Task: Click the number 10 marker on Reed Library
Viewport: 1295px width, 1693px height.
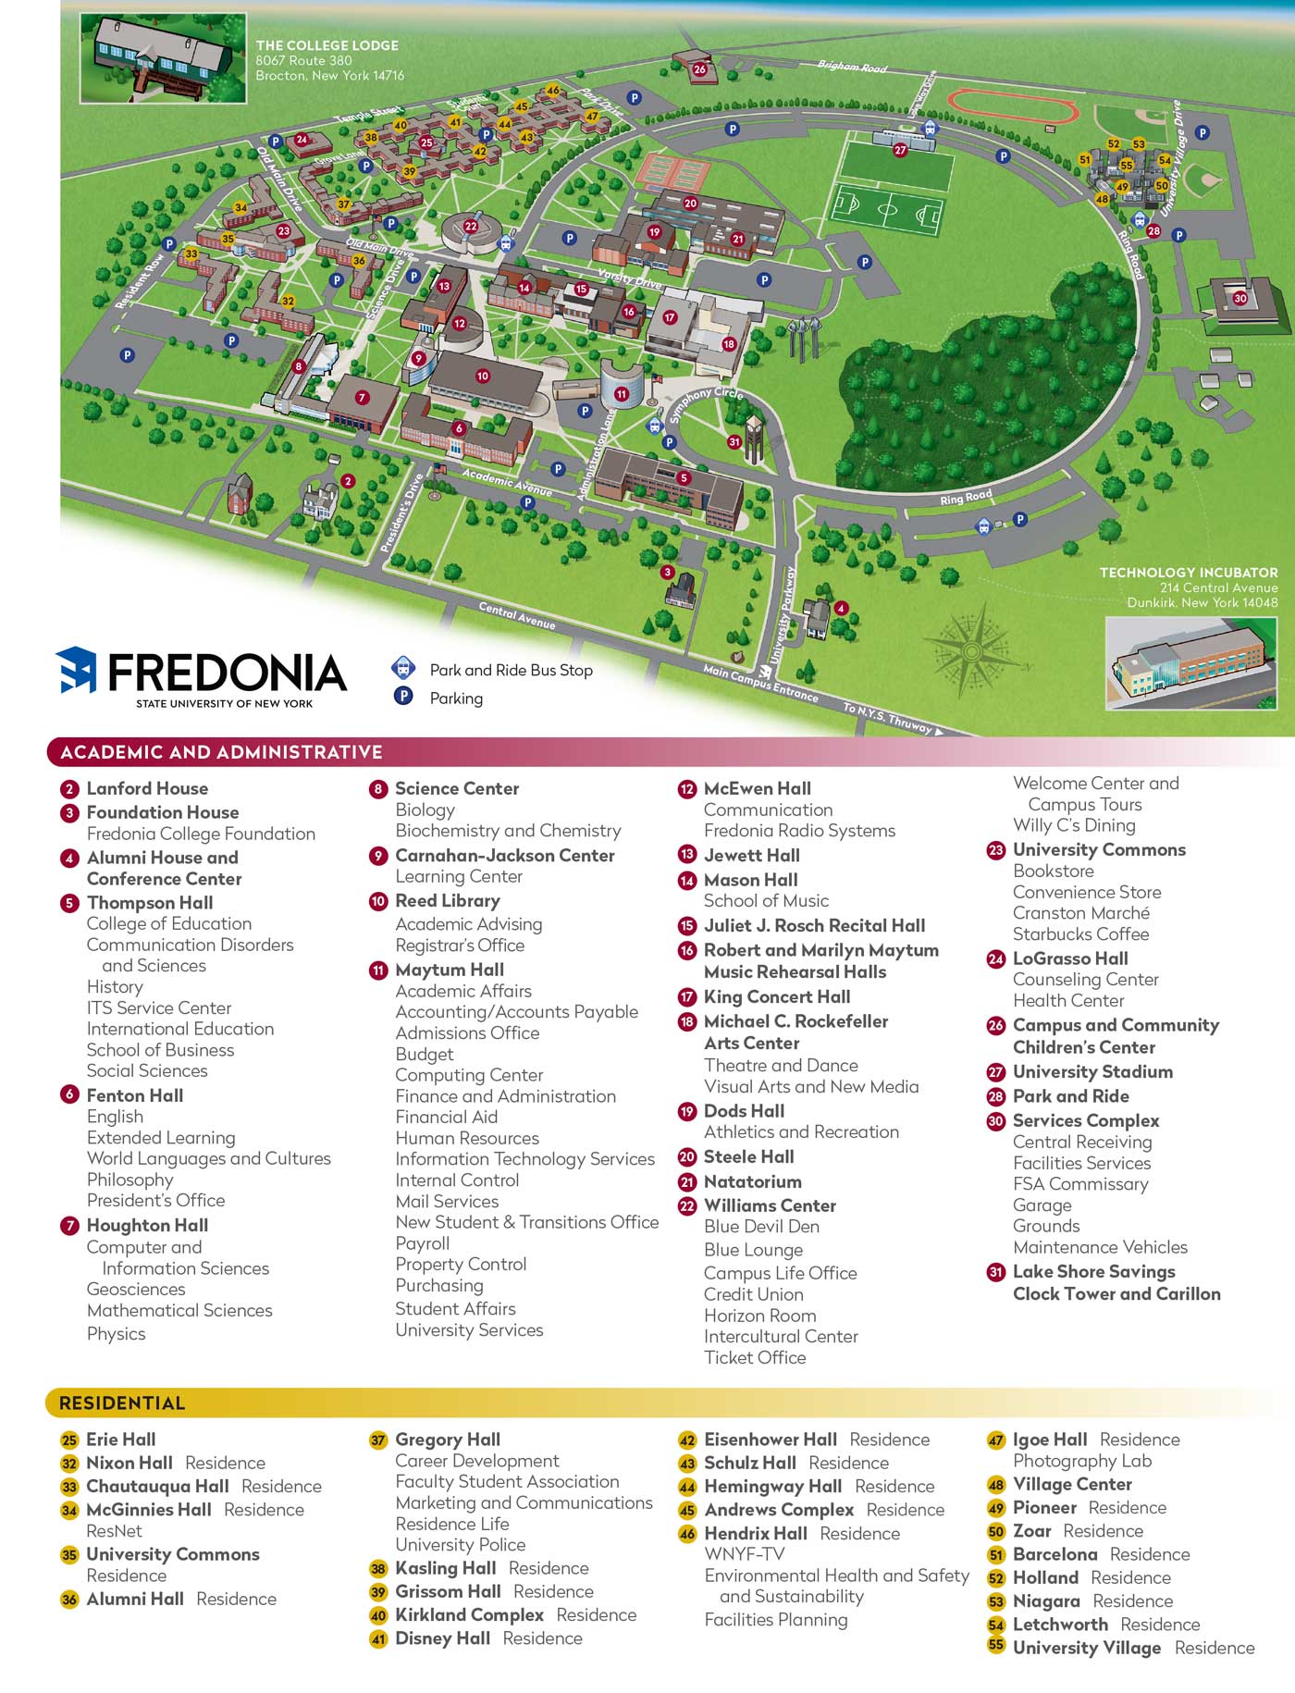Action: pos(482,377)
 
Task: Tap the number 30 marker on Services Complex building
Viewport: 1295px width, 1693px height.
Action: pos(1239,298)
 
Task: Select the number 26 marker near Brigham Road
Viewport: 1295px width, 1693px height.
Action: pos(699,69)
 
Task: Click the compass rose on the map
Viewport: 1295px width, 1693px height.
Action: pos(971,651)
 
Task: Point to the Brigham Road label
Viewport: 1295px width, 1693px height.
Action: pos(852,68)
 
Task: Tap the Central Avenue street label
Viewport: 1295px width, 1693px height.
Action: pos(517,615)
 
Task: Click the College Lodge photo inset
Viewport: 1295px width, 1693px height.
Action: pos(163,57)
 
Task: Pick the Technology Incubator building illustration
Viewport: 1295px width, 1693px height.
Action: pos(1190,663)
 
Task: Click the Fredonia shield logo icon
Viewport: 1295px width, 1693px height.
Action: pos(77,670)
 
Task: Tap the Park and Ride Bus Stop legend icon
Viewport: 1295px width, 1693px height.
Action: pos(403,668)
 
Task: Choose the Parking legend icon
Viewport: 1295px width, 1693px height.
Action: pos(403,696)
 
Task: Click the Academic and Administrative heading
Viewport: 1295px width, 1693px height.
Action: pos(221,752)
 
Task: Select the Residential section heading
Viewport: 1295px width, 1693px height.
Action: pos(122,1403)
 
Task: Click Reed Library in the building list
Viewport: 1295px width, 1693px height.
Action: pos(447,900)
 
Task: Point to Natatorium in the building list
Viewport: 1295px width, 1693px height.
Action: pos(752,1181)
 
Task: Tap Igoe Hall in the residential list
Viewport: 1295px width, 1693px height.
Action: pos(1050,1440)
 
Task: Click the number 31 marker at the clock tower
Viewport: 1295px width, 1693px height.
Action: pos(734,442)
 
